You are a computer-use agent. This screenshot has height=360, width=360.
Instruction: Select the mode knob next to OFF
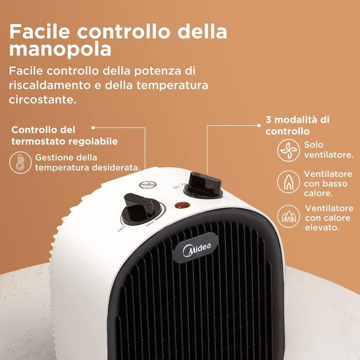pyautogui.click(x=204, y=185)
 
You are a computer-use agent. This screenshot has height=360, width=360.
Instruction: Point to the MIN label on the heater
pyautogui.click(x=121, y=229)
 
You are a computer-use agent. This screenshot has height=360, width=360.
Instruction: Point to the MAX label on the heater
pyautogui.click(x=150, y=223)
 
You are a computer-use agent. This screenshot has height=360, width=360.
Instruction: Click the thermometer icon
pyautogui.click(x=20, y=163)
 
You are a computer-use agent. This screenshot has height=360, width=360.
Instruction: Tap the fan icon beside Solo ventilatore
pyautogui.click(x=289, y=150)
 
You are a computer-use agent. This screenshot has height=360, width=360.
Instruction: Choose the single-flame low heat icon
pyautogui.click(x=289, y=182)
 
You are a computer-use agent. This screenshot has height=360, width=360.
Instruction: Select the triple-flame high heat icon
pyautogui.click(x=289, y=217)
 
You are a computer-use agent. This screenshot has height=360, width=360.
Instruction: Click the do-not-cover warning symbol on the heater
pyautogui.click(x=148, y=184)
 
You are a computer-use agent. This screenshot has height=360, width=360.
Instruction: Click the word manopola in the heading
pyautogui.click(x=60, y=49)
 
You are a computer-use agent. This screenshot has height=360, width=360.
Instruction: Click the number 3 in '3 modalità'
pyautogui.click(x=268, y=120)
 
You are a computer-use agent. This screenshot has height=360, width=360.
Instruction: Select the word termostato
pyautogui.click(x=39, y=141)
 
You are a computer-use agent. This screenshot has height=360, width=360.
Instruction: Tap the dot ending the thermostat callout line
pyautogui.click(x=93, y=128)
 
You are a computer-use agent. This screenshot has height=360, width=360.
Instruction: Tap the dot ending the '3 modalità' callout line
pyautogui.click(x=259, y=125)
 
